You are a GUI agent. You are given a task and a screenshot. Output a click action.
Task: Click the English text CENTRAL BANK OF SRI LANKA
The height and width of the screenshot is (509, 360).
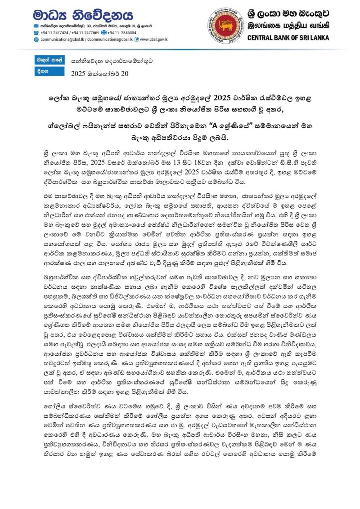[297, 37]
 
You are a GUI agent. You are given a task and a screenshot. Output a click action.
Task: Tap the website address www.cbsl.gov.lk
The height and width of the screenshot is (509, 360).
[154, 40]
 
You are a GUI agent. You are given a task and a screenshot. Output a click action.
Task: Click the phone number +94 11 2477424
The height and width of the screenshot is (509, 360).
[54, 33]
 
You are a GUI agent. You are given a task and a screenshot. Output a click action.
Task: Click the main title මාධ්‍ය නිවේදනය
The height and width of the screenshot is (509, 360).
[83, 15]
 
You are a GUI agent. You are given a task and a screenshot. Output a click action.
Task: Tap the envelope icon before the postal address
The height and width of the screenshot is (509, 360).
[36, 26]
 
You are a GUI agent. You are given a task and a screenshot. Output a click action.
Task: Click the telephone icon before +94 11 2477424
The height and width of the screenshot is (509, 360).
[36, 33]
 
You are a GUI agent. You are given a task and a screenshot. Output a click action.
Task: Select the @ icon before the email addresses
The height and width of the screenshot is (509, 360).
[36, 40]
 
